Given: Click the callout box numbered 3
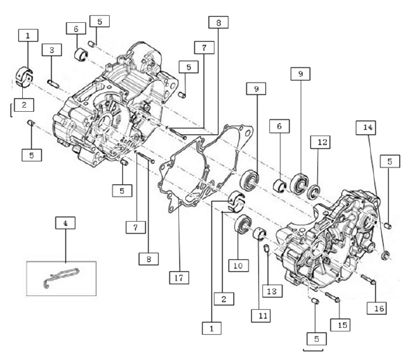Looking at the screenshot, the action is [x=52, y=50].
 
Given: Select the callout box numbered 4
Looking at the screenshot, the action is [x=65, y=223].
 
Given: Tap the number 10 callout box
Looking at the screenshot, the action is [x=239, y=265].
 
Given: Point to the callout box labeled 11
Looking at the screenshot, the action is [x=261, y=316].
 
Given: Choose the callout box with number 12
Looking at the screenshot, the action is [x=320, y=142].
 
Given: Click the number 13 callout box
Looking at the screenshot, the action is [x=272, y=291].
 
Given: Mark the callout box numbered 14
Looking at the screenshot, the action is [x=366, y=128].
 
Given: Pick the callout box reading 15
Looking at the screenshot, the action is [x=341, y=325].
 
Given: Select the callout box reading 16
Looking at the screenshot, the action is [x=377, y=308].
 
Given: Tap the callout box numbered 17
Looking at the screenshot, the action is [x=179, y=278].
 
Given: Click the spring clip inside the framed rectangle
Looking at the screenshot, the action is [x=62, y=277].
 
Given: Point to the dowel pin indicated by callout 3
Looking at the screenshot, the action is [x=53, y=84].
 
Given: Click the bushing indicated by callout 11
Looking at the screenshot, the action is [x=259, y=234].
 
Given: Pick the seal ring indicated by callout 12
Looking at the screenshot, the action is [x=314, y=192].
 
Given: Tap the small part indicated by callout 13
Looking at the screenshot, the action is [x=267, y=248].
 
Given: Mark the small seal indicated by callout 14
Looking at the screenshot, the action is [x=385, y=255].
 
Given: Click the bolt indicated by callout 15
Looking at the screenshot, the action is [x=333, y=297].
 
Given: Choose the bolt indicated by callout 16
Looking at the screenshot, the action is [x=369, y=280].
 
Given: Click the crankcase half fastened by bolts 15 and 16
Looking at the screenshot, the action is [x=327, y=240].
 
